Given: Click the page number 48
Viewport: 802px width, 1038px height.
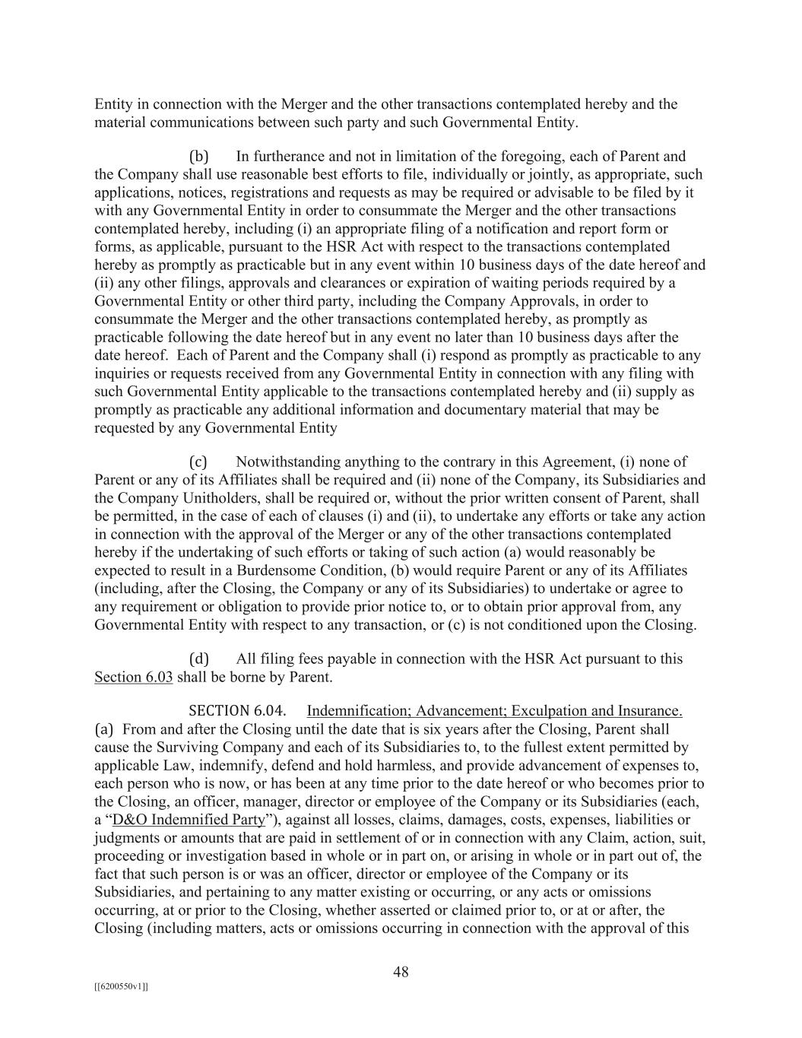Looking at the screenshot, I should (x=401, y=971).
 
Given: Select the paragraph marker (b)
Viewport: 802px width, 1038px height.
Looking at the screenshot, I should (x=198, y=157).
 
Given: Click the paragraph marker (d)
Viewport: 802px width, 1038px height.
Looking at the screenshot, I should (x=198, y=659).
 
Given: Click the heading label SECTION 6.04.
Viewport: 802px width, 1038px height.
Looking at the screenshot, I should (x=237, y=711).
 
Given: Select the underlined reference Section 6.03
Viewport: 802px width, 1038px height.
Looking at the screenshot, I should (x=133, y=677).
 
